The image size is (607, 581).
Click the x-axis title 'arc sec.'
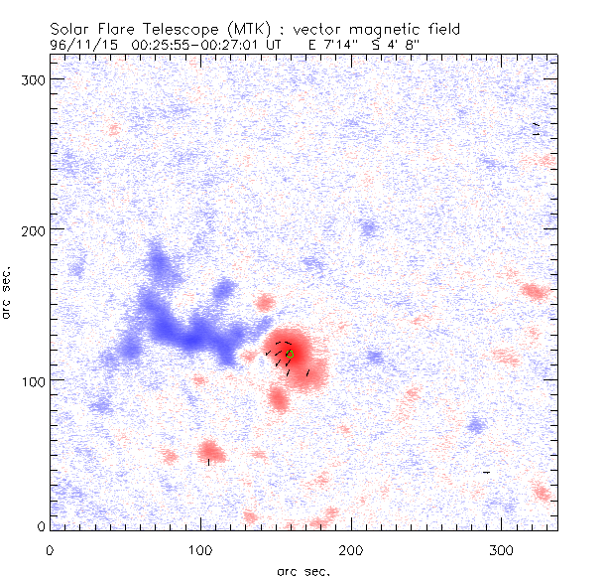[x=303, y=570]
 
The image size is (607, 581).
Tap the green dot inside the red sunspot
[x=290, y=355]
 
